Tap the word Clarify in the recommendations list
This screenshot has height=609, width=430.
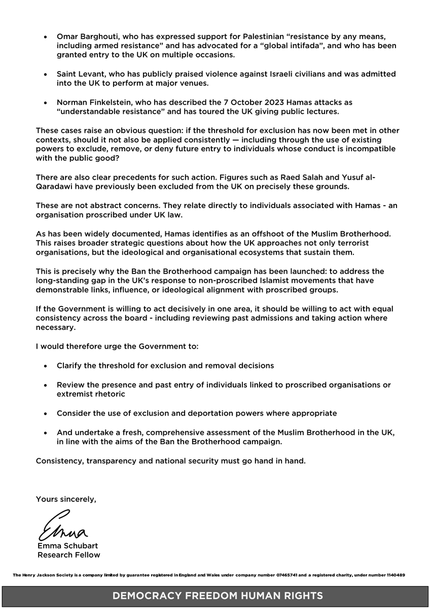point(71,365)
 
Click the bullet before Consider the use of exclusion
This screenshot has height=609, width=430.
point(46,414)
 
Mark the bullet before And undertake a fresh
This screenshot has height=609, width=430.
point(46,433)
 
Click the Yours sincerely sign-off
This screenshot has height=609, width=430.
point(66,499)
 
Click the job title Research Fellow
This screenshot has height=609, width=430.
point(68,555)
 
